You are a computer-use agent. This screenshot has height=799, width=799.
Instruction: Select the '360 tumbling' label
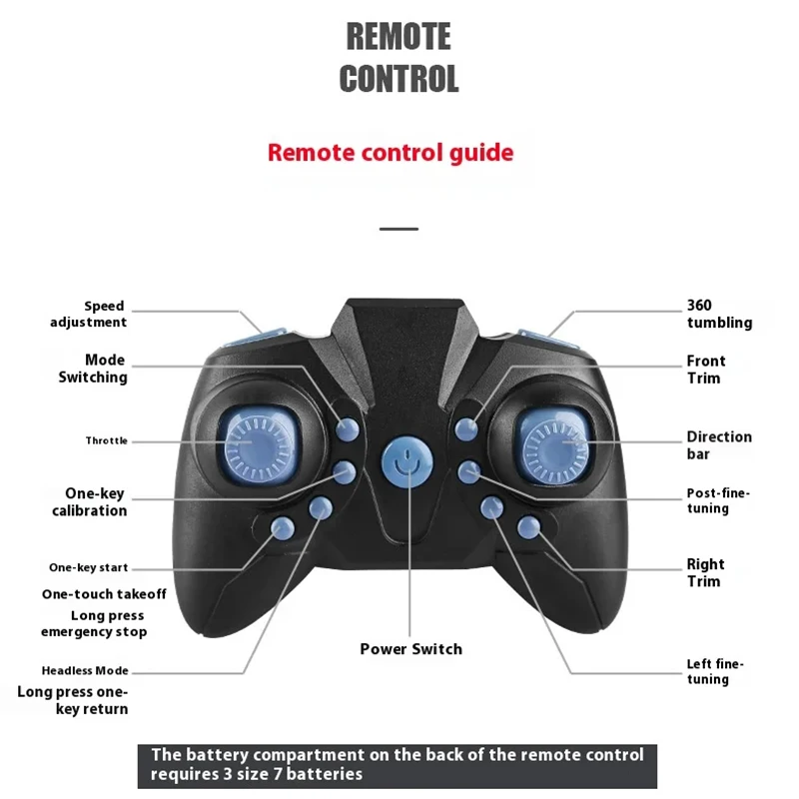pos(719,314)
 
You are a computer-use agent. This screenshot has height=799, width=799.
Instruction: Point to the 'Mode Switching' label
pos(93,369)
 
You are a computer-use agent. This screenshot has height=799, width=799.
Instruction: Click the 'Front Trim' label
pos(706,370)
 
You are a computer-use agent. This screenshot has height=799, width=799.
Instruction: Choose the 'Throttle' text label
pos(106,440)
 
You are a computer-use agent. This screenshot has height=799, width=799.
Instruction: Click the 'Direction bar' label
pos(719,445)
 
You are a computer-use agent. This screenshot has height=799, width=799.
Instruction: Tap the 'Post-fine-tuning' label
pos(717,500)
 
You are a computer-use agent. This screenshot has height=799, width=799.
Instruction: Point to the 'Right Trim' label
pos(705,572)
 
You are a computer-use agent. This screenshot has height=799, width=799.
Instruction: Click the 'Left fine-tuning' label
pos(715,671)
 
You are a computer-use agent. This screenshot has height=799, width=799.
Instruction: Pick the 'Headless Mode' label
pos(85,671)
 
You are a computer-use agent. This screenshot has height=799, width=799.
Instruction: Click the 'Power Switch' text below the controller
pos(411,649)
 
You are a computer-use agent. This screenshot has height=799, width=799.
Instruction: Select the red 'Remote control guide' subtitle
pos(391,153)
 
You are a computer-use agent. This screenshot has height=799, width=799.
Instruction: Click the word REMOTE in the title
pos(399,37)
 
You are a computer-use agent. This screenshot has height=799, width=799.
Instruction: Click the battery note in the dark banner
pos(398,764)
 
